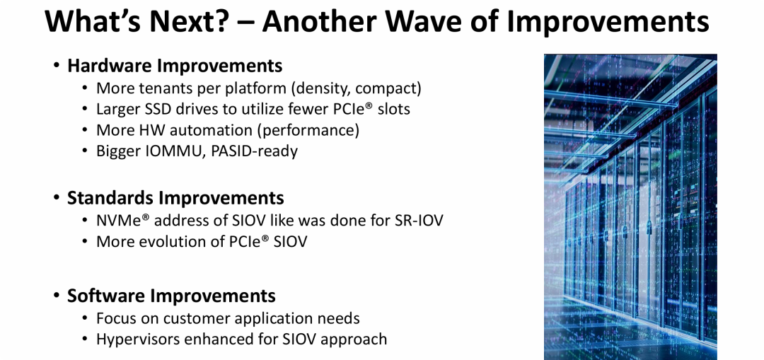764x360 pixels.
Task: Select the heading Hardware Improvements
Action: (175, 65)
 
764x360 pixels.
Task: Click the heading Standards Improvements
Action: (175, 198)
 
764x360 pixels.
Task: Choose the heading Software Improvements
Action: (171, 296)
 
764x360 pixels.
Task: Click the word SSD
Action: (163, 109)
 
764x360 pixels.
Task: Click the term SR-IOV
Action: (419, 221)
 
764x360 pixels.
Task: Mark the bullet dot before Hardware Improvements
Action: (57, 66)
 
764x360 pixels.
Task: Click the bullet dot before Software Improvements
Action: (57, 296)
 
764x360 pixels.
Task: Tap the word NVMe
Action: (118, 221)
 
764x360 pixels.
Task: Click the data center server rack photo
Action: (630, 207)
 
